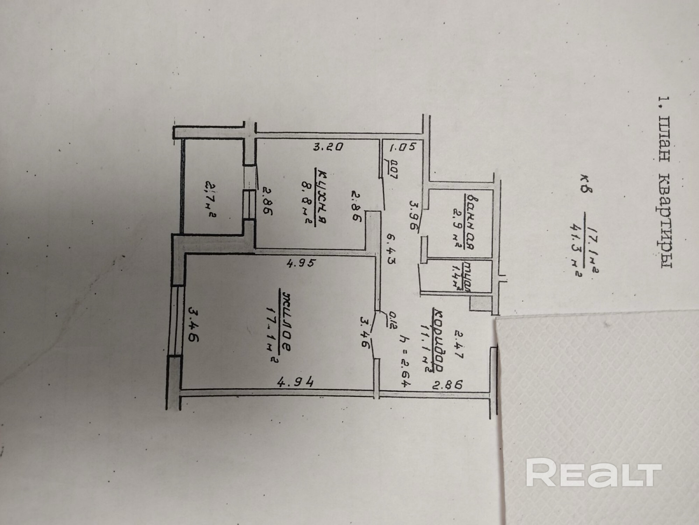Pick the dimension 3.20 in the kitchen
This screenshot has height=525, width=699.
329,147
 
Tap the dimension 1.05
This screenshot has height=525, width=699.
402,147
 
